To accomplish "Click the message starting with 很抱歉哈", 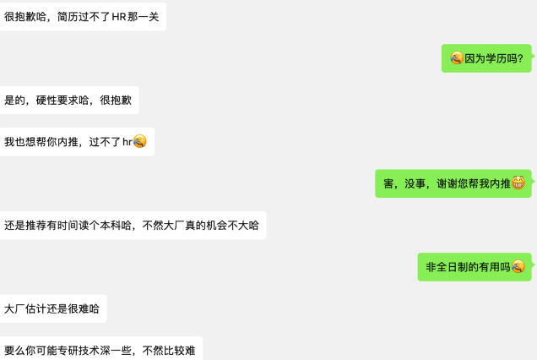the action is click(83, 16).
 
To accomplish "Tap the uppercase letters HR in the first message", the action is click(119, 16).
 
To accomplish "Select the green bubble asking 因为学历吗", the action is click(486, 58).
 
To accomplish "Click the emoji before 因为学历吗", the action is click(457, 58).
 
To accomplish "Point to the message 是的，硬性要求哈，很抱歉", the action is click(69, 100).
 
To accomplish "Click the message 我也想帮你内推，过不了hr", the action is click(76, 141).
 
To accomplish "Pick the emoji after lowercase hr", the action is click(140, 141).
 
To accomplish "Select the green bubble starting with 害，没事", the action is click(453, 183).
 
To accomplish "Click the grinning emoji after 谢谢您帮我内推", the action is click(518, 183).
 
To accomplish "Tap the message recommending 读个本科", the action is click(133, 225).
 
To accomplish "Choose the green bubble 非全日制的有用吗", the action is click(475, 266).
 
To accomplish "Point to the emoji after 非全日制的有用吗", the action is click(518, 266).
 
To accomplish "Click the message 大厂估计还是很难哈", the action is click(52, 308).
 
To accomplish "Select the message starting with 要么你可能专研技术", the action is click(100, 349).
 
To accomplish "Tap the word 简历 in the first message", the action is click(68, 16).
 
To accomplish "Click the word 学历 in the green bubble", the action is click(496, 58).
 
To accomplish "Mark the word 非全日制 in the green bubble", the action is click(447, 266).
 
